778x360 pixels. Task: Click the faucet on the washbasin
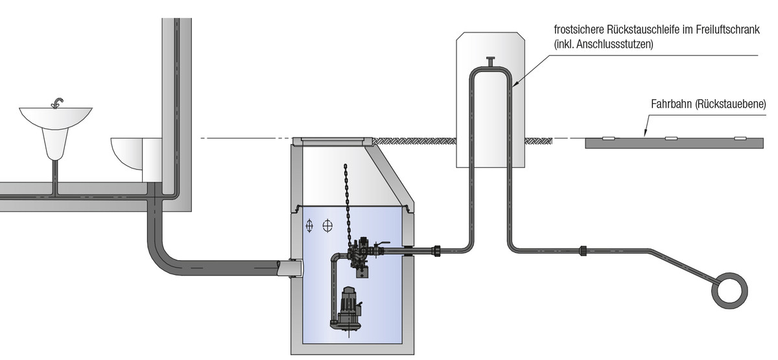(58, 102)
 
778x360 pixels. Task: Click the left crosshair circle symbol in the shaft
(310, 226)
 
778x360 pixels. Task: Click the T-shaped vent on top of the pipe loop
(489, 62)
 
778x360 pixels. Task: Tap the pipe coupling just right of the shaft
(440, 250)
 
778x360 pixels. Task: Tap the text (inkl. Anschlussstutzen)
(603, 44)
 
